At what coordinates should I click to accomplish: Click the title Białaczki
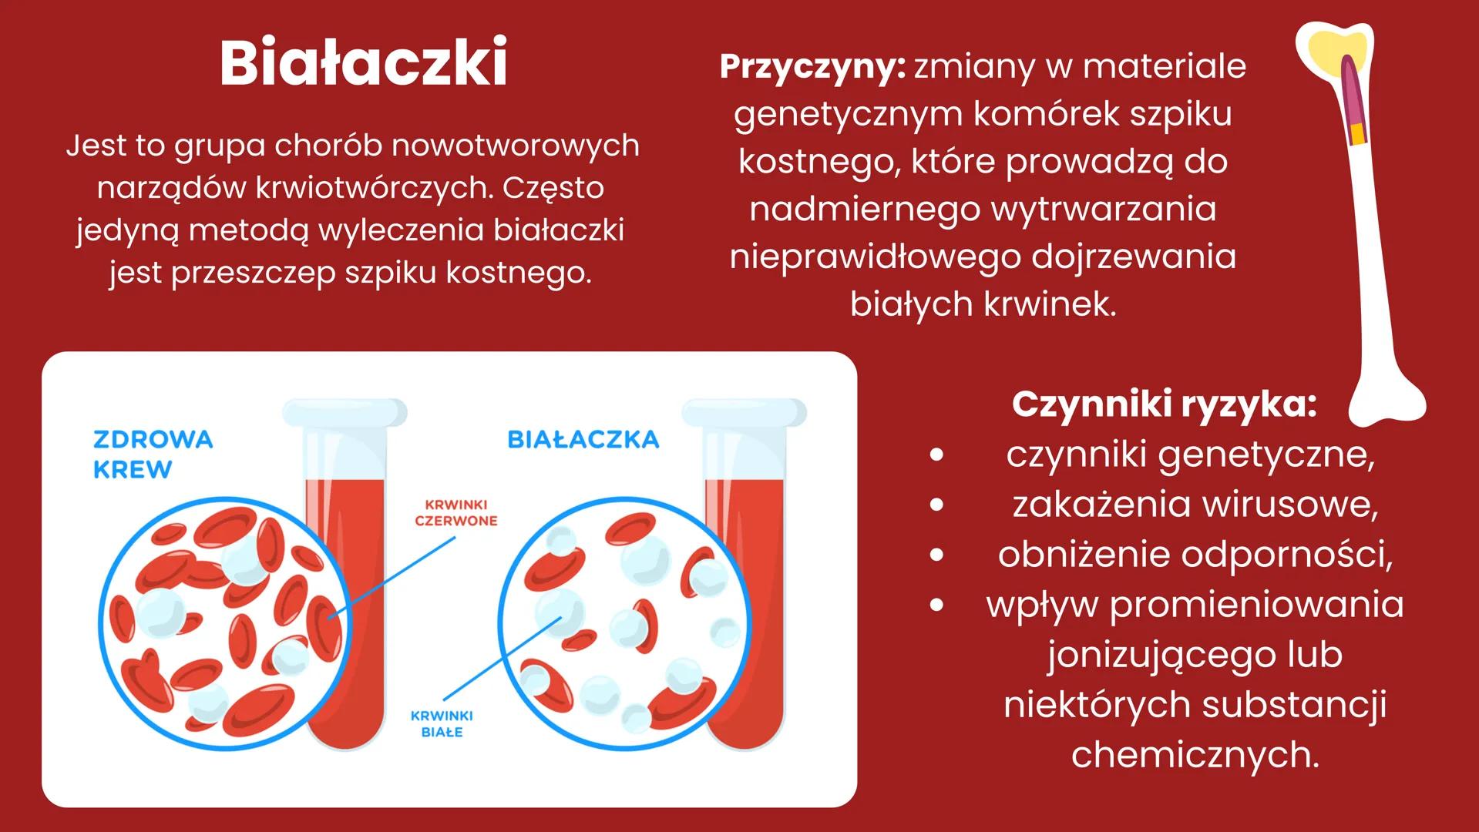click(363, 62)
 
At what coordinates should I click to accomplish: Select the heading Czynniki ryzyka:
click(1164, 404)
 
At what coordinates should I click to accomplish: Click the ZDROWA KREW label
click(153, 454)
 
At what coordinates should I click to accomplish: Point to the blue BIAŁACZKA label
click(583, 440)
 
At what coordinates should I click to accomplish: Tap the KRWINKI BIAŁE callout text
click(442, 723)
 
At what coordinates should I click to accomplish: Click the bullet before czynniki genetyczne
click(936, 455)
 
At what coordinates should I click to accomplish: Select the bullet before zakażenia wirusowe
click(936, 505)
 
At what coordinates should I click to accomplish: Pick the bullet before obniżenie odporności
click(936, 555)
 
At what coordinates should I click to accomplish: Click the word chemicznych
click(1195, 754)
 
